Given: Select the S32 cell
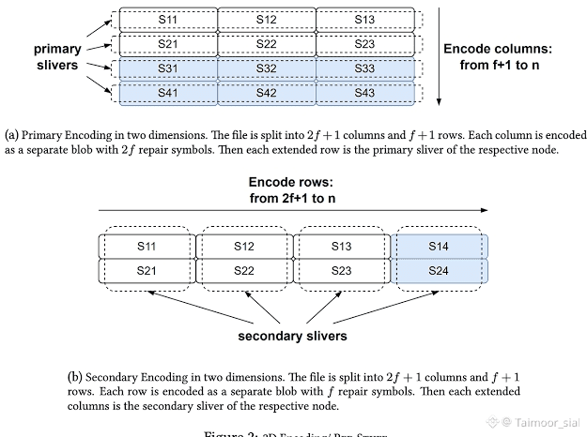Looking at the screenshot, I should click(266, 68).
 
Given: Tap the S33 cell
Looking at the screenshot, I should click(364, 68).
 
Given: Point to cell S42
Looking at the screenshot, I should click(266, 93).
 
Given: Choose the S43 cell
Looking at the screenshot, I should click(364, 93).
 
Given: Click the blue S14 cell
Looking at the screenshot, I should click(440, 247).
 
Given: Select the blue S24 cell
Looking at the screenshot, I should click(440, 270).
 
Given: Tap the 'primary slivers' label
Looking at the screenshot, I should click(57, 56).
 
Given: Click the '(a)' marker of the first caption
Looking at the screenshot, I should click(12, 134).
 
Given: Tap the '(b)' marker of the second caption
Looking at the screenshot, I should click(76, 377).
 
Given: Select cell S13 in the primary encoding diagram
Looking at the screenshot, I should click(364, 19).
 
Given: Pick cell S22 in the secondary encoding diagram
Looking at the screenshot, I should click(243, 270).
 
